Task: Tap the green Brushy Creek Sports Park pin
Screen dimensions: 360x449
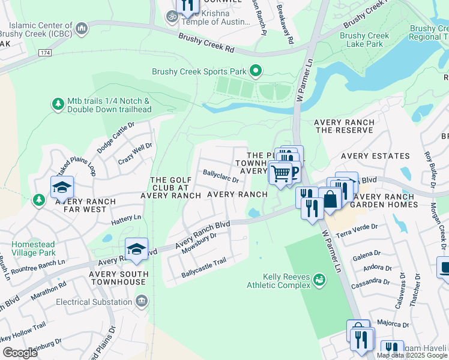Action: tap(256, 71)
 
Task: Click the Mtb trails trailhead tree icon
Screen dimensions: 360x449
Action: tap(58, 104)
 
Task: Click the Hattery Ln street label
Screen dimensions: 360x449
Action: tap(125, 219)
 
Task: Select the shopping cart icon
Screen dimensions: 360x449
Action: tap(280, 173)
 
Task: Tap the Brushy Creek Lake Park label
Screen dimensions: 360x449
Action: tap(364, 40)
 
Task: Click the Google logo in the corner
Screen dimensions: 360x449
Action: tap(20, 353)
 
